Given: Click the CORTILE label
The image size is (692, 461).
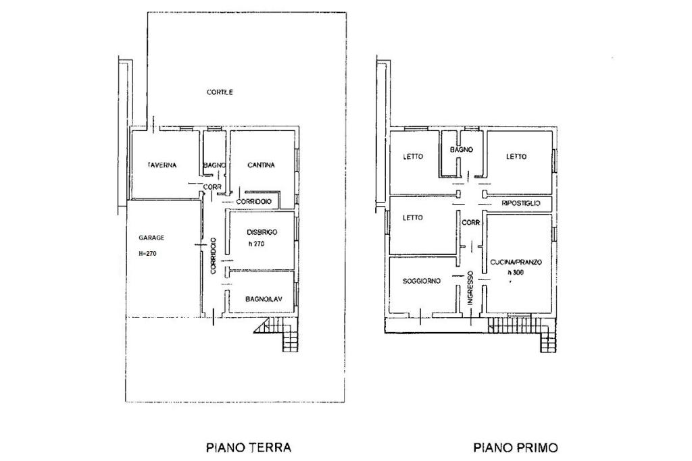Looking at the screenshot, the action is pyautogui.click(x=220, y=92).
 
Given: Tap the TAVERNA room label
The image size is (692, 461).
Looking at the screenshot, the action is pyautogui.click(x=162, y=165).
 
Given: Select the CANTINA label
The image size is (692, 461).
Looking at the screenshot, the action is pyautogui.click(x=261, y=165).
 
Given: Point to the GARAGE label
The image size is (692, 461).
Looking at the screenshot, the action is pyautogui.click(x=151, y=238).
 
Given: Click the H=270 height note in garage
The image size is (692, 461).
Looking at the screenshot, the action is pyautogui.click(x=147, y=254).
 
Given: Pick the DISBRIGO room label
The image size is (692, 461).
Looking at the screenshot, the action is pyautogui.click(x=262, y=232).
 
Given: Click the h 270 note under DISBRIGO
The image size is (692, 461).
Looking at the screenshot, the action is pyautogui.click(x=256, y=244).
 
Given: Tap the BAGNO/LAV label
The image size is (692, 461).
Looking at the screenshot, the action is pyautogui.click(x=264, y=299).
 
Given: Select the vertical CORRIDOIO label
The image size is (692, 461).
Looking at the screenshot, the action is pyautogui.click(x=213, y=256).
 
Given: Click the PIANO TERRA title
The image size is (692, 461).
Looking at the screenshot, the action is pyautogui.click(x=249, y=448).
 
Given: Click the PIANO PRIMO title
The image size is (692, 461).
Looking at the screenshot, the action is pyautogui.click(x=516, y=448).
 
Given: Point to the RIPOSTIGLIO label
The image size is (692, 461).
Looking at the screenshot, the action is pyautogui.click(x=521, y=204).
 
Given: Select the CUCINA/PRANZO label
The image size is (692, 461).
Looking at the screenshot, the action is pyautogui.click(x=516, y=263).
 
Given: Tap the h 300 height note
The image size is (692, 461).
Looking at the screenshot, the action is pyautogui.click(x=515, y=273).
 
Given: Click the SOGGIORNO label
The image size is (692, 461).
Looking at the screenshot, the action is pyautogui.click(x=422, y=281).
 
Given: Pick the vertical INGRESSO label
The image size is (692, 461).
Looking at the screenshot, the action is pyautogui.click(x=470, y=288).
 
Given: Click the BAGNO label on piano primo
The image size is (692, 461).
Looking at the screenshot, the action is pyautogui.click(x=461, y=150).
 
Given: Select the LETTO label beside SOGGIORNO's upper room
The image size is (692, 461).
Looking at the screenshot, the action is pyautogui.click(x=413, y=218).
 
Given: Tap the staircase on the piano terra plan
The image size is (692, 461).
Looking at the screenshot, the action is pyautogui.click(x=278, y=333).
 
